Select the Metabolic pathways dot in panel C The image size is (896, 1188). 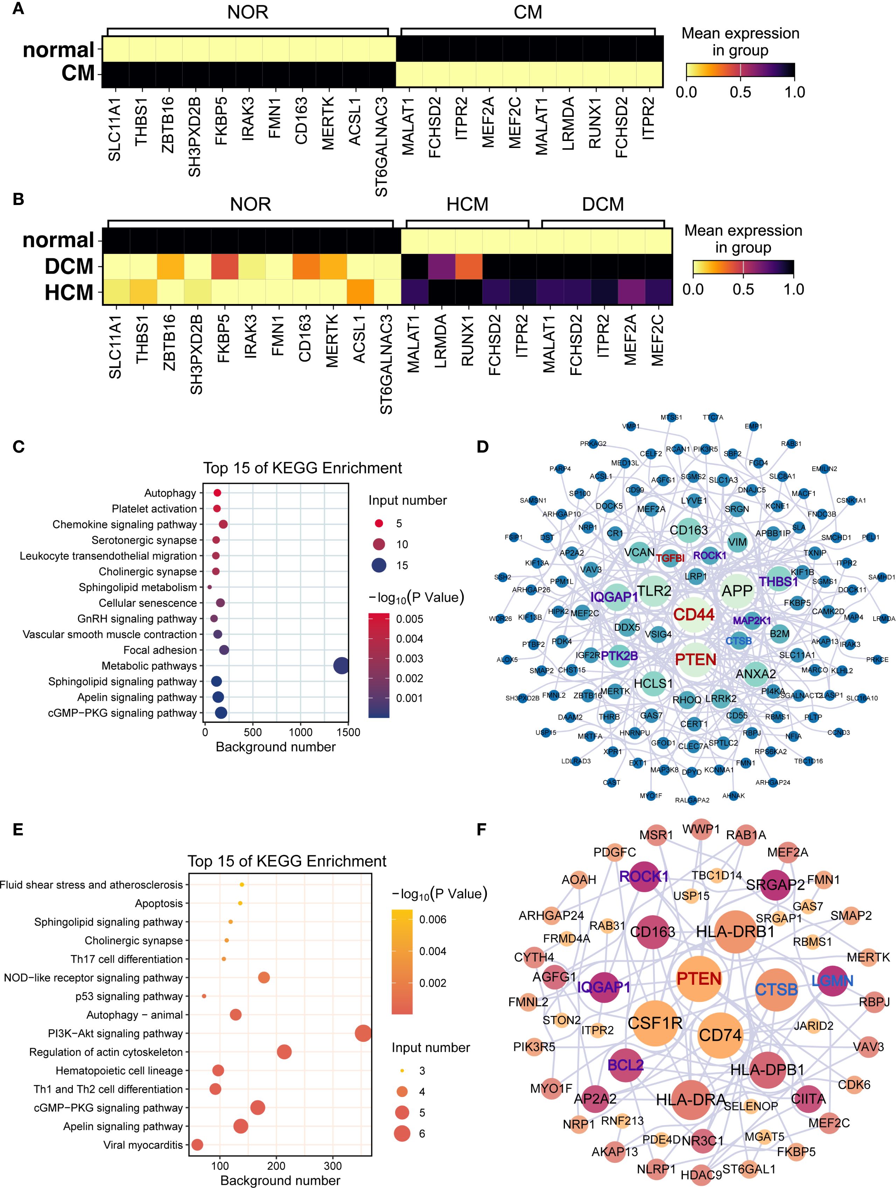(x=341, y=666)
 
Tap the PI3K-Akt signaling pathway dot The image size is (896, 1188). (x=363, y=1033)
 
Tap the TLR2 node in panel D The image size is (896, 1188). (x=654, y=591)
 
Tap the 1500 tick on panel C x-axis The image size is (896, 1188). (x=348, y=732)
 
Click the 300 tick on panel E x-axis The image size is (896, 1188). (x=333, y=1166)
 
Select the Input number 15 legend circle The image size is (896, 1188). (x=379, y=565)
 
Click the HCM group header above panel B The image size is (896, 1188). (x=467, y=205)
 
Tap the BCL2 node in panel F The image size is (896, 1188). (x=626, y=1065)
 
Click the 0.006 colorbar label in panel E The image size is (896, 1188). (x=433, y=919)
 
